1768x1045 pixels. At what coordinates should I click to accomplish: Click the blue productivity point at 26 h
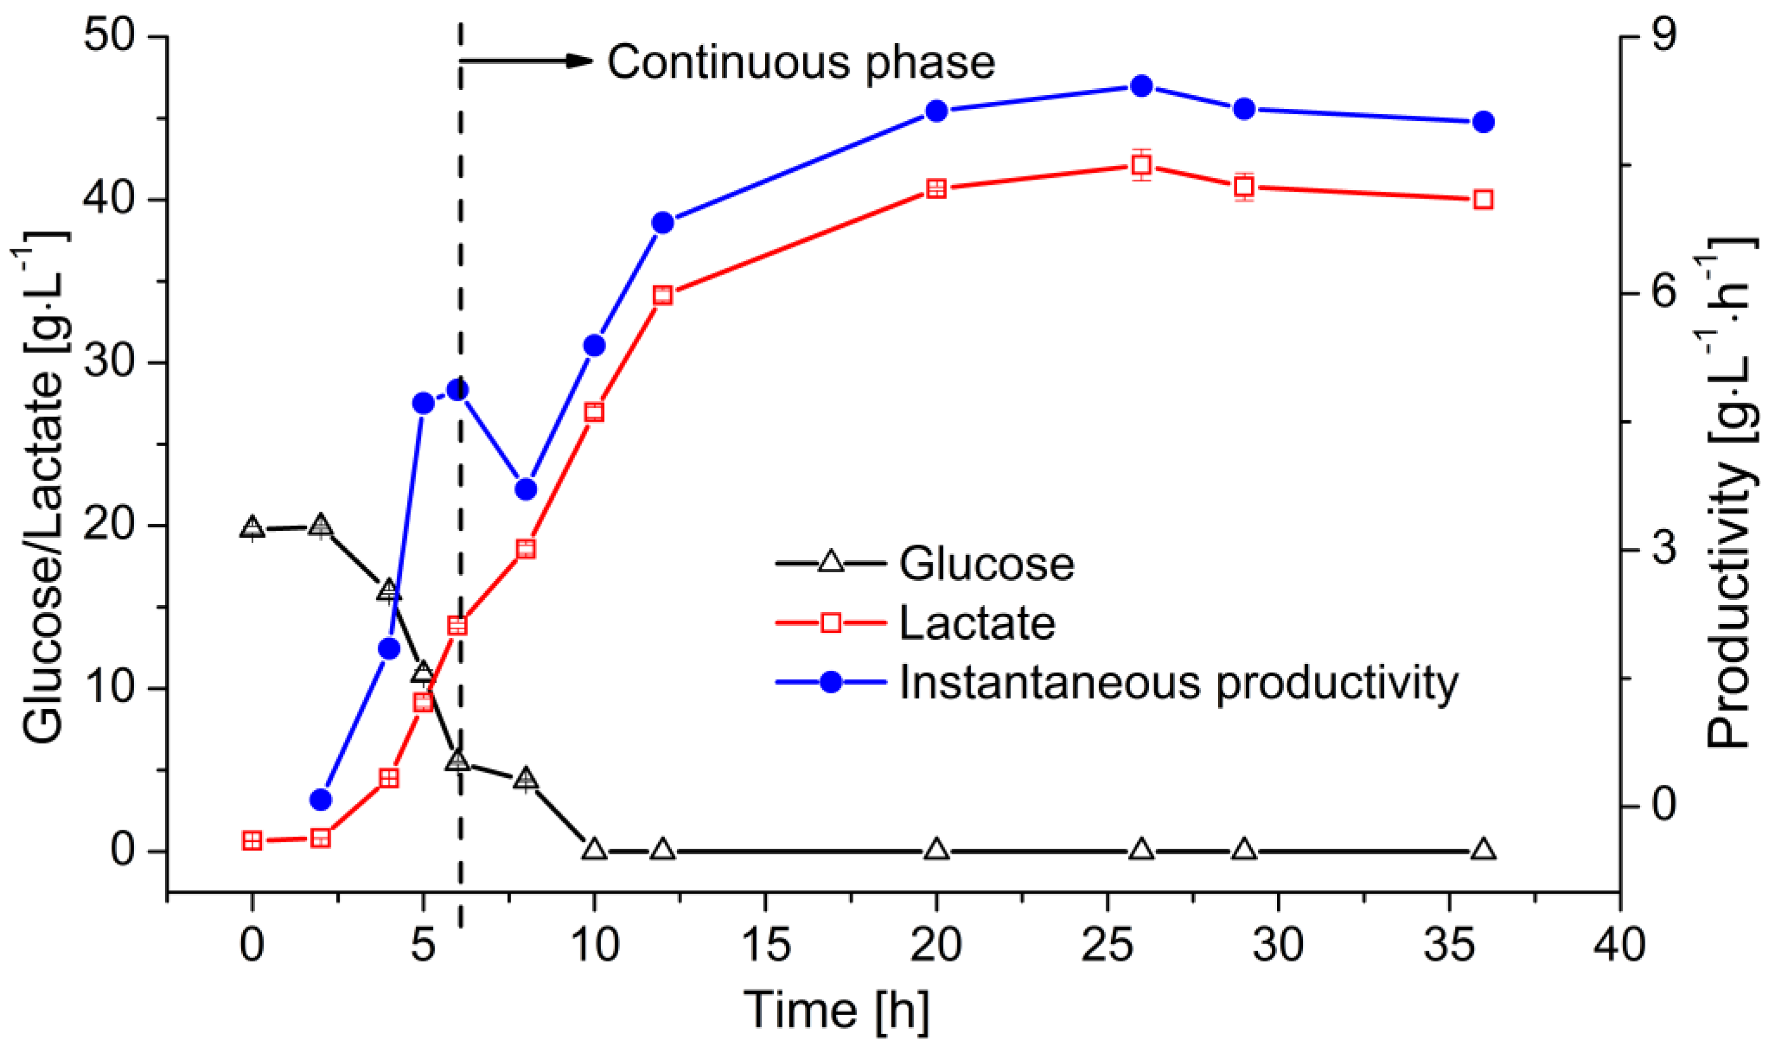pyautogui.click(x=1142, y=86)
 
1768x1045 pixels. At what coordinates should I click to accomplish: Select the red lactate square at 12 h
pyautogui.click(x=663, y=295)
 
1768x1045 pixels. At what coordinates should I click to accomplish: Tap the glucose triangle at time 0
pyautogui.click(x=252, y=527)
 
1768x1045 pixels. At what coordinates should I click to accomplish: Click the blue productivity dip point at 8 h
pyautogui.click(x=526, y=489)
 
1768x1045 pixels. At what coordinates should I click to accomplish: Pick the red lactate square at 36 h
pyautogui.click(x=1483, y=200)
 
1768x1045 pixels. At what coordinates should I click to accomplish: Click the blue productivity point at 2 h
pyautogui.click(x=320, y=799)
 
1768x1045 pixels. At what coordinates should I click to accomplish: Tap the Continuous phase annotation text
pyautogui.click(x=801, y=62)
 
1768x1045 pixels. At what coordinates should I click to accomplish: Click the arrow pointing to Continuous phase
pyautogui.click(x=528, y=61)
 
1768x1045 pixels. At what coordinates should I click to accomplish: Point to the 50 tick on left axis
pyautogui.click(x=109, y=35)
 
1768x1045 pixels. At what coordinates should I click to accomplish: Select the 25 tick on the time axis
pyautogui.click(x=1108, y=945)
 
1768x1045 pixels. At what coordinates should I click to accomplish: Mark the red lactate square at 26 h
pyautogui.click(x=1142, y=165)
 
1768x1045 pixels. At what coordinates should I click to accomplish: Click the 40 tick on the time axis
pyautogui.click(x=1619, y=945)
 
